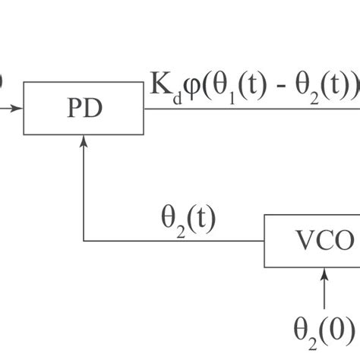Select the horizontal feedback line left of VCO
175,241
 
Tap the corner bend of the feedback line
84,241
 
